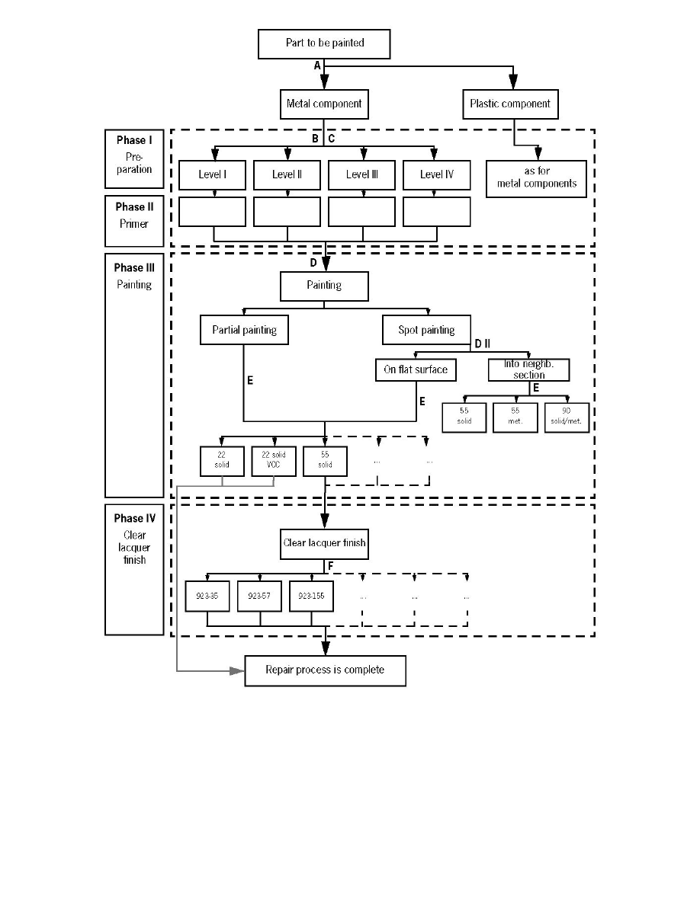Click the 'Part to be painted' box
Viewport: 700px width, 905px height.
click(324, 43)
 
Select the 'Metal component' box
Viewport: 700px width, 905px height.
click(324, 104)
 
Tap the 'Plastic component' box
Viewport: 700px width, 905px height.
click(510, 104)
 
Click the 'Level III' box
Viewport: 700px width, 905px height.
click(361, 174)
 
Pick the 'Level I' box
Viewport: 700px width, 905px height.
click(212, 174)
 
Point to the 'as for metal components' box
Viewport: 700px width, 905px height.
click(537, 178)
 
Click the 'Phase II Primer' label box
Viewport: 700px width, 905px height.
click(134, 220)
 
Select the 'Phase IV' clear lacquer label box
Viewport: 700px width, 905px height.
click(134, 569)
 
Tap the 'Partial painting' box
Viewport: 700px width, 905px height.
click(244, 331)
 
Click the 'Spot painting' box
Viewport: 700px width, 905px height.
click(426, 331)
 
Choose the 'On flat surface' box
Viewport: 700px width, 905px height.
click(416, 370)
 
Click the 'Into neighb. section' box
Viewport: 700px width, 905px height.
click(528, 369)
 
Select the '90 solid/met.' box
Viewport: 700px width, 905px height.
click(567, 417)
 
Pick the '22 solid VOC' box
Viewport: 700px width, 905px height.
click(273, 461)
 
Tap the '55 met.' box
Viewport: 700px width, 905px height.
click(515, 417)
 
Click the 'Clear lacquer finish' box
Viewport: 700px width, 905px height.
click(324, 543)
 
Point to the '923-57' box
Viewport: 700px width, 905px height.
click(260, 596)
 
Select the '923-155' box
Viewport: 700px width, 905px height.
click(311, 596)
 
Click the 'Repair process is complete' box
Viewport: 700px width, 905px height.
click(325, 670)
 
